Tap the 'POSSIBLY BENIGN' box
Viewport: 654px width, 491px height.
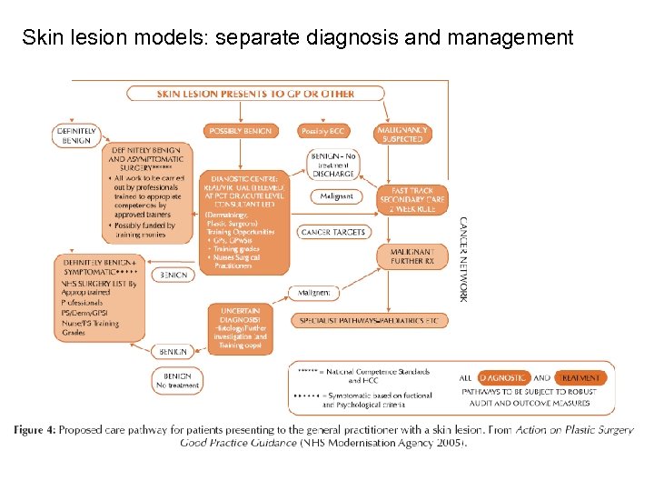click(240, 131)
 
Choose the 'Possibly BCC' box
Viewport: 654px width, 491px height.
click(324, 131)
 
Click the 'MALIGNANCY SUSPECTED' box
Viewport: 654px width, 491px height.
click(402, 135)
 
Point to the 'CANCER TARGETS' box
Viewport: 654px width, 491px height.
click(332, 232)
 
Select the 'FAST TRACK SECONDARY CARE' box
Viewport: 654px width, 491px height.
click(419, 200)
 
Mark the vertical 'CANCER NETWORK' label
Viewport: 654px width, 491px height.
click(463, 259)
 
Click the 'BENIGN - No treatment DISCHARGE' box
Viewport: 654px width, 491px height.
click(333, 165)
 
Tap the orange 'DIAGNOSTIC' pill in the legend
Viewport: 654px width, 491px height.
click(502, 377)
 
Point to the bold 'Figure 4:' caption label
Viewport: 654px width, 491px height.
click(37, 429)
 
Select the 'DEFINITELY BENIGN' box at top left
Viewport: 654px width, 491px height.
click(76, 135)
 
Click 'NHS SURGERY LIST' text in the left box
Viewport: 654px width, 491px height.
click(100, 285)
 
